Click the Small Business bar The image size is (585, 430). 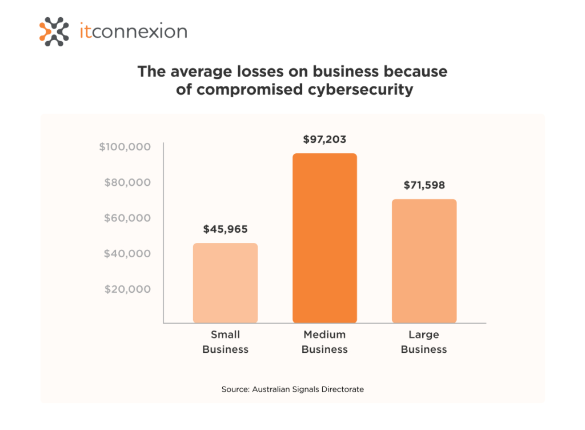[x=225, y=283]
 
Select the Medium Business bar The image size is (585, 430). [x=324, y=238]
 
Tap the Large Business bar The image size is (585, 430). [x=424, y=261]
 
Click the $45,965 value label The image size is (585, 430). [x=226, y=229]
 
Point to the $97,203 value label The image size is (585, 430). [x=324, y=139]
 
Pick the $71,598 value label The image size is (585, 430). [x=424, y=185]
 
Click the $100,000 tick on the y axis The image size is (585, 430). [x=125, y=147]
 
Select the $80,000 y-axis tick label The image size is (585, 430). [x=127, y=182]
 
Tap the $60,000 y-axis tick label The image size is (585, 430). [x=127, y=218]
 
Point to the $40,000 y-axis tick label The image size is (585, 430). [x=127, y=253]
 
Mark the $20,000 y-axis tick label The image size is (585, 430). [x=127, y=289]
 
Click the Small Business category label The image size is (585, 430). [x=226, y=342]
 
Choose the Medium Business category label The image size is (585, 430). [x=324, y=342]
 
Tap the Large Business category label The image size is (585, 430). [x=424, y=342]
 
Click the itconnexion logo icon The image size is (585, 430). [x=54, y=31]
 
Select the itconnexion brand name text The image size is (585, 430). [x=133, y=31]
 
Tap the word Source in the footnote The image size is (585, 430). [x=235, y=389]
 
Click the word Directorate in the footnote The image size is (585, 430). [x=342, y=389]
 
